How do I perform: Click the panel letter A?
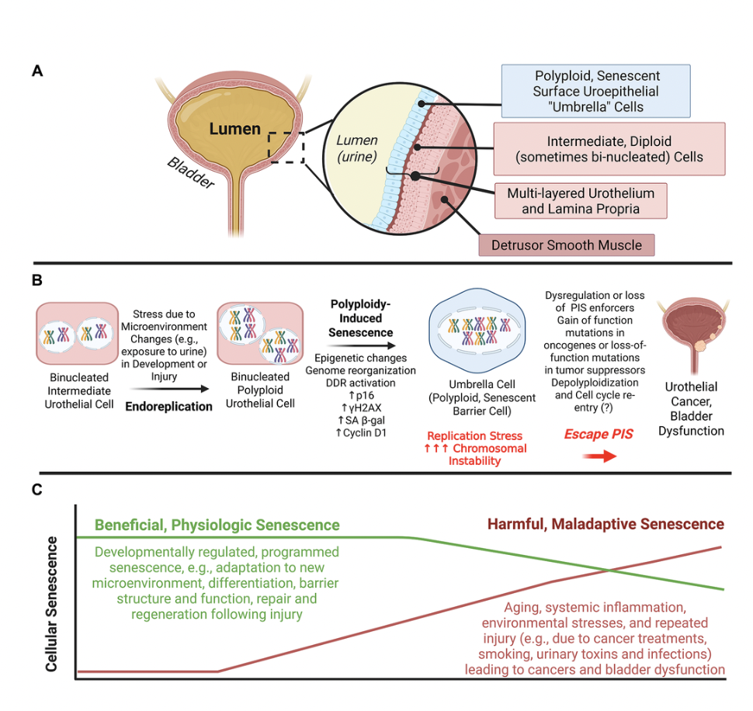[x=37, y=71]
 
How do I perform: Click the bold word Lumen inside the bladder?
[x=234, y=128]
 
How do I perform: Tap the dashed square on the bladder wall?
[x=286, y=147]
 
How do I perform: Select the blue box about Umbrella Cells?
[x=596, y=91]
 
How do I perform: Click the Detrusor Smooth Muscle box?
[x=567, y=245]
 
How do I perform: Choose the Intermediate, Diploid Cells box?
[x=609, y=149]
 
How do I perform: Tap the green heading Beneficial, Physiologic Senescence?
[x=217, y=525]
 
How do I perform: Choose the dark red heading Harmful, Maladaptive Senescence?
[x=606, y=524]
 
